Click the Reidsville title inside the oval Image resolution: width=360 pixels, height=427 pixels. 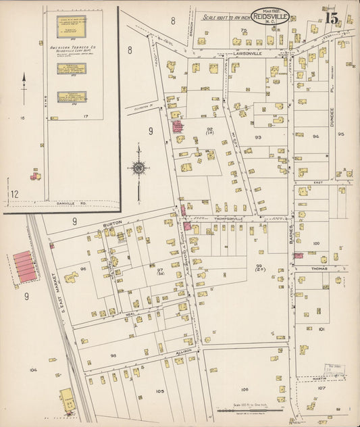pos(270,16)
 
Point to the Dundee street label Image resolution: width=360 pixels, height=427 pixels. pos(332,120)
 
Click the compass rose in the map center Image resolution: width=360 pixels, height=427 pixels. pos(138,168)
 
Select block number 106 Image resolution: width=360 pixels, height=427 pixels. pos(244,390)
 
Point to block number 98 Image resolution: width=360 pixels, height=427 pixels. pos(113,355)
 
